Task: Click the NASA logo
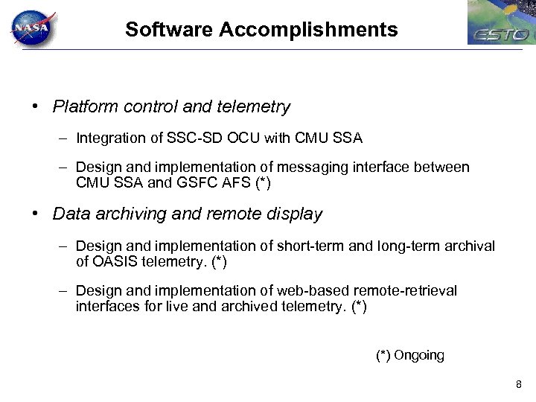[x=31, y=29]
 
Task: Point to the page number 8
[x=518, y=384]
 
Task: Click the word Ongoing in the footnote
[x=419, y=355]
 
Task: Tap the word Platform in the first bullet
[x=84, y=106]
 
